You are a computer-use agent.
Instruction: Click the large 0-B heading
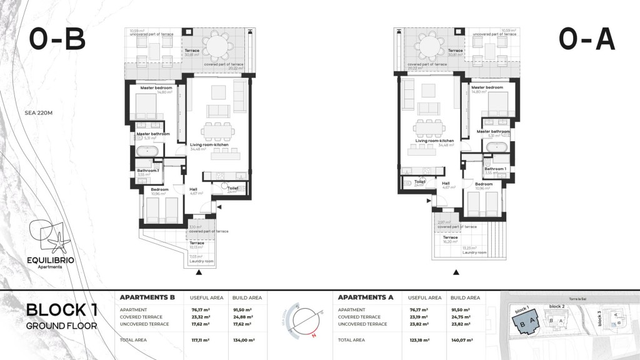click(x=57, y=40)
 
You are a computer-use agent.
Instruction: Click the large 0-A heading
click(x=587, y=40)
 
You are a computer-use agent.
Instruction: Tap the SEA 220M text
click(x=38, y=114)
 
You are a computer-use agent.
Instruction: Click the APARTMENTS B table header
click(x=146, y=298)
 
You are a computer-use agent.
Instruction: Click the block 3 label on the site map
click(x=599, y=320)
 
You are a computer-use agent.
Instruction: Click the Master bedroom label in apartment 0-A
click(x=487, y=87)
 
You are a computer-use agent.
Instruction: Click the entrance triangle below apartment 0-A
click(x=456, y=272)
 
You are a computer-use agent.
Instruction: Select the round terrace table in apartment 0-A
click(x=428, y=47)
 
